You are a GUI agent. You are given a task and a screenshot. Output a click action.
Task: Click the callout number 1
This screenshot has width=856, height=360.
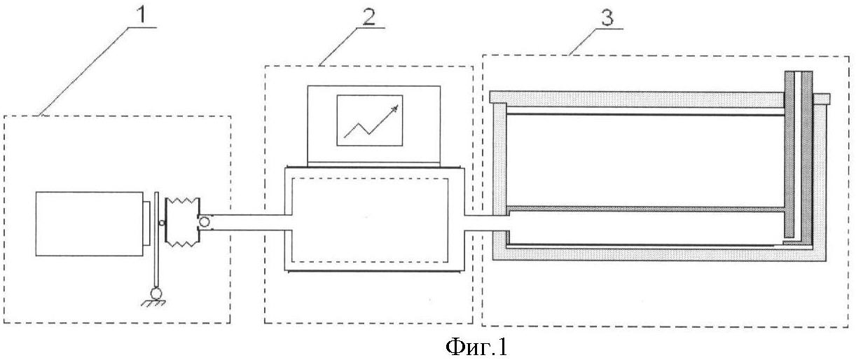coord(141,15)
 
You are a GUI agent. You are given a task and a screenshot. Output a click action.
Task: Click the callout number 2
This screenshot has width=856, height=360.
coord(368,16)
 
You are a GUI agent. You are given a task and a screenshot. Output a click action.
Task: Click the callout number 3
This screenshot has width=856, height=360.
coord(607,18)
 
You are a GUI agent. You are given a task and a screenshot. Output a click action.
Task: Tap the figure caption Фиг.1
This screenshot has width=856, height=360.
coord(476,347)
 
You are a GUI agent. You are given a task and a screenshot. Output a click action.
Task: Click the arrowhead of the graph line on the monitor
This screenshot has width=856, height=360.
coord(395,108)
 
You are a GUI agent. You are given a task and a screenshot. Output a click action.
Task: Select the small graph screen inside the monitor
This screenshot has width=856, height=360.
coord(370,120)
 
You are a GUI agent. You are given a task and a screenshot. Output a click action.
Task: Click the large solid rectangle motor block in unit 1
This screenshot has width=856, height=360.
coord(90,223)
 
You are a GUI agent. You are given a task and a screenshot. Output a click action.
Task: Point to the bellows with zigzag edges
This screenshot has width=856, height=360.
coord(182,221)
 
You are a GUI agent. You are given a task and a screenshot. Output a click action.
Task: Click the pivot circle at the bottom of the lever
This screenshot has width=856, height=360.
coord(156,293)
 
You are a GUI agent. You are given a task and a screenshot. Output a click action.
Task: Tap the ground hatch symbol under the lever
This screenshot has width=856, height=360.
coord(153,303)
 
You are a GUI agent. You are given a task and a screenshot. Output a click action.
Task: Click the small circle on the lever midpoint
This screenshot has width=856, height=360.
coord(162,223)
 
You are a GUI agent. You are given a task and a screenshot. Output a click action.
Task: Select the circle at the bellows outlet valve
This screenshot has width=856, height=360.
coord(205,221)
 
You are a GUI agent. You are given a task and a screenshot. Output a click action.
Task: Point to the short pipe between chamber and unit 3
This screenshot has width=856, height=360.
coord(486,223)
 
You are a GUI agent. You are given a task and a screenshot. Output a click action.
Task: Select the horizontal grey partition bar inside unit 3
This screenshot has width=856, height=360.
coord(646,209)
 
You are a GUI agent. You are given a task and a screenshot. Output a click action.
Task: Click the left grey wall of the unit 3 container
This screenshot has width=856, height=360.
coord(499,160)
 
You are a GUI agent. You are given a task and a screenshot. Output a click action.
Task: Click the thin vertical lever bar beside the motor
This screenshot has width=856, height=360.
coord(156,240)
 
